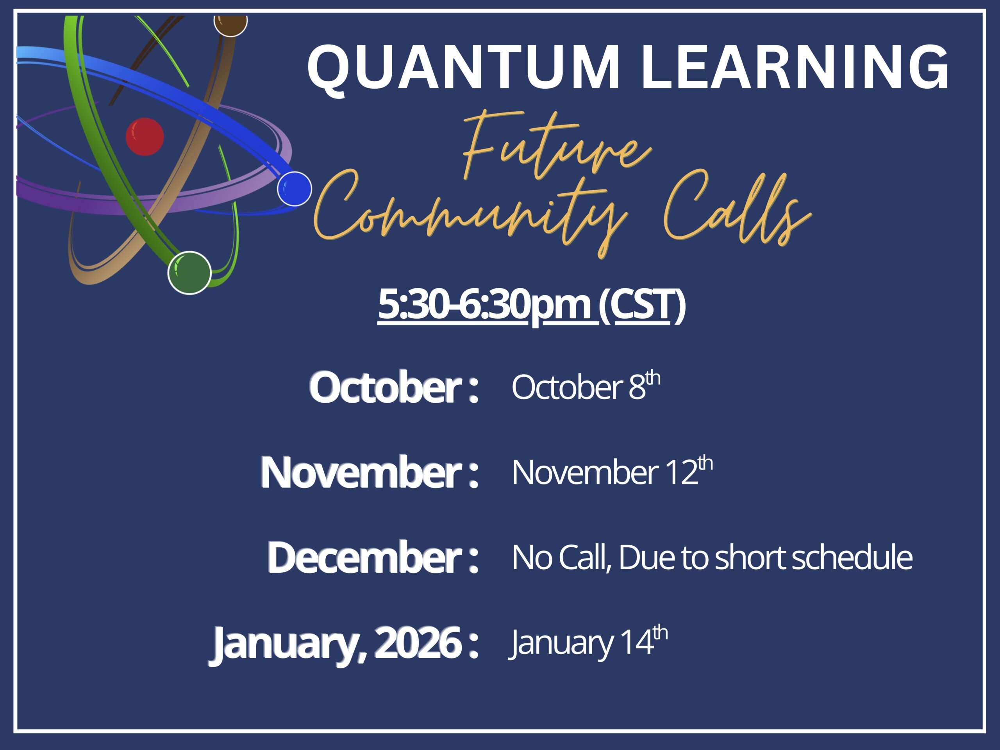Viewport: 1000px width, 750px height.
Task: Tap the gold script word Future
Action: pos(557,145)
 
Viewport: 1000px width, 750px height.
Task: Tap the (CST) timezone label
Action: pos(642,305)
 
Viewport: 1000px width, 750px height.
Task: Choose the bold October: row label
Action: pos(394,387)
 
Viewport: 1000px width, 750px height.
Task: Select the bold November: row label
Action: pos(370,472)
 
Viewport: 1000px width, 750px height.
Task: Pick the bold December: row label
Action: pos(373,557)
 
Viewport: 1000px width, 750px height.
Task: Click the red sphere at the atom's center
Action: pos(145,137)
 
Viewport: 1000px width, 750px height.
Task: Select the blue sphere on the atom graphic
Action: pos(294,189)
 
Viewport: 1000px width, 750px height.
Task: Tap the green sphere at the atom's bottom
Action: pos(189,273)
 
